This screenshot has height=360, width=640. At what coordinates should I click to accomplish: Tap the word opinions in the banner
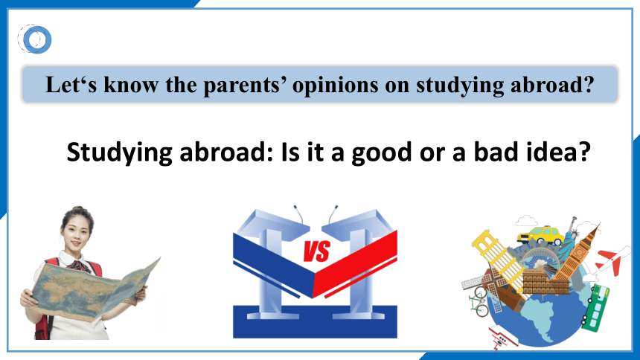[336, 86]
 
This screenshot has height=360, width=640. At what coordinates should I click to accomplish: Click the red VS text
[316, 251]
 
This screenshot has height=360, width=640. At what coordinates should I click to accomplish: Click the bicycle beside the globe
[479, 302]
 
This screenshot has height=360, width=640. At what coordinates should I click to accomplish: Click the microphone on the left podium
[298, 214]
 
